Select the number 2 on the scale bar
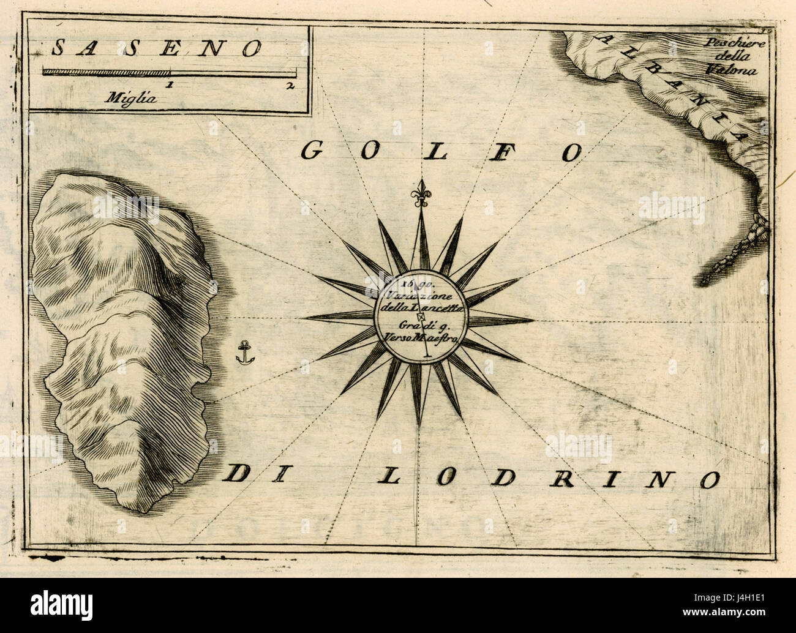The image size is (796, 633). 288,85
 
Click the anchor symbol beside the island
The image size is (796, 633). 245,353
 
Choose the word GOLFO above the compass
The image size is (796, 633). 441,152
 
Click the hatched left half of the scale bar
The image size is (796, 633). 107,72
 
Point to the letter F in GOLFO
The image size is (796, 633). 499,153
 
